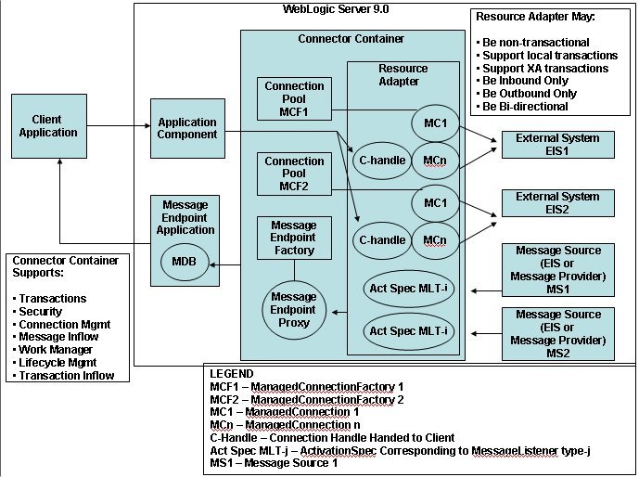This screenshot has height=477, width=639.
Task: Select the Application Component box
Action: [187, 128]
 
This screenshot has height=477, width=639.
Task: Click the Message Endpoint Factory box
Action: [294, 238]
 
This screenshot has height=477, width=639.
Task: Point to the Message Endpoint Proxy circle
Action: [293, 309]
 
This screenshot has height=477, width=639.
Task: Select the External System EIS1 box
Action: [556, 145]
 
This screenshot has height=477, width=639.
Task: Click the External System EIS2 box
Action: [556, 203]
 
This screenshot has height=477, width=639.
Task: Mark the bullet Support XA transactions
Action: [542, 69]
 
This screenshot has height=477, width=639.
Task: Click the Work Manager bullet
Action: [52, 350]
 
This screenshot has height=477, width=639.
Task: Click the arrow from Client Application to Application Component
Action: [116, 127]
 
